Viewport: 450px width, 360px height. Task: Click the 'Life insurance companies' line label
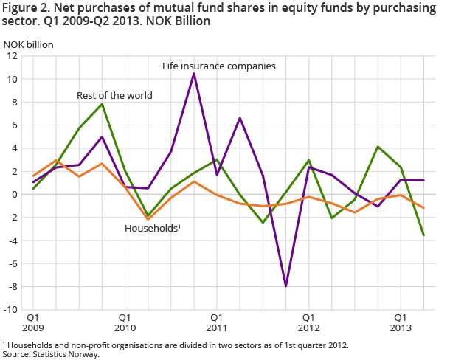pos(218,66)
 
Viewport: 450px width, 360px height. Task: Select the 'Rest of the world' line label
pos(114,95)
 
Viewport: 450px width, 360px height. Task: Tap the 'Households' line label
pos(152,229)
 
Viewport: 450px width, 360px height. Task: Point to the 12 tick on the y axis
pos(13,56)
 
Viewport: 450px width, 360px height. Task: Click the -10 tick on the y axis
pos(10,310)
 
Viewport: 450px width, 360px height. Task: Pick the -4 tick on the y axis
pos(13,240)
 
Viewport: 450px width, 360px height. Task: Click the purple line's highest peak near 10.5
pos(194,73)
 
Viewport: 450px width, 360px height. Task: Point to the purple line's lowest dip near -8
pos(285,285)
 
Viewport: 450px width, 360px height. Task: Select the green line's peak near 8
pos(102,104)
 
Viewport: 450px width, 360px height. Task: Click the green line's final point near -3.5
pos(423,235)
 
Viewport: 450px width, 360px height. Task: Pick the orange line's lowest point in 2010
pos(148,220)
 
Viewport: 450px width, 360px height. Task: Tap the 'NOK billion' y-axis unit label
pos(29,43)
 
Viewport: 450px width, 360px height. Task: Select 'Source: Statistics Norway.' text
pos(51,354)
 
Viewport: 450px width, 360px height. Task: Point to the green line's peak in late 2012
pos(378,147)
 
